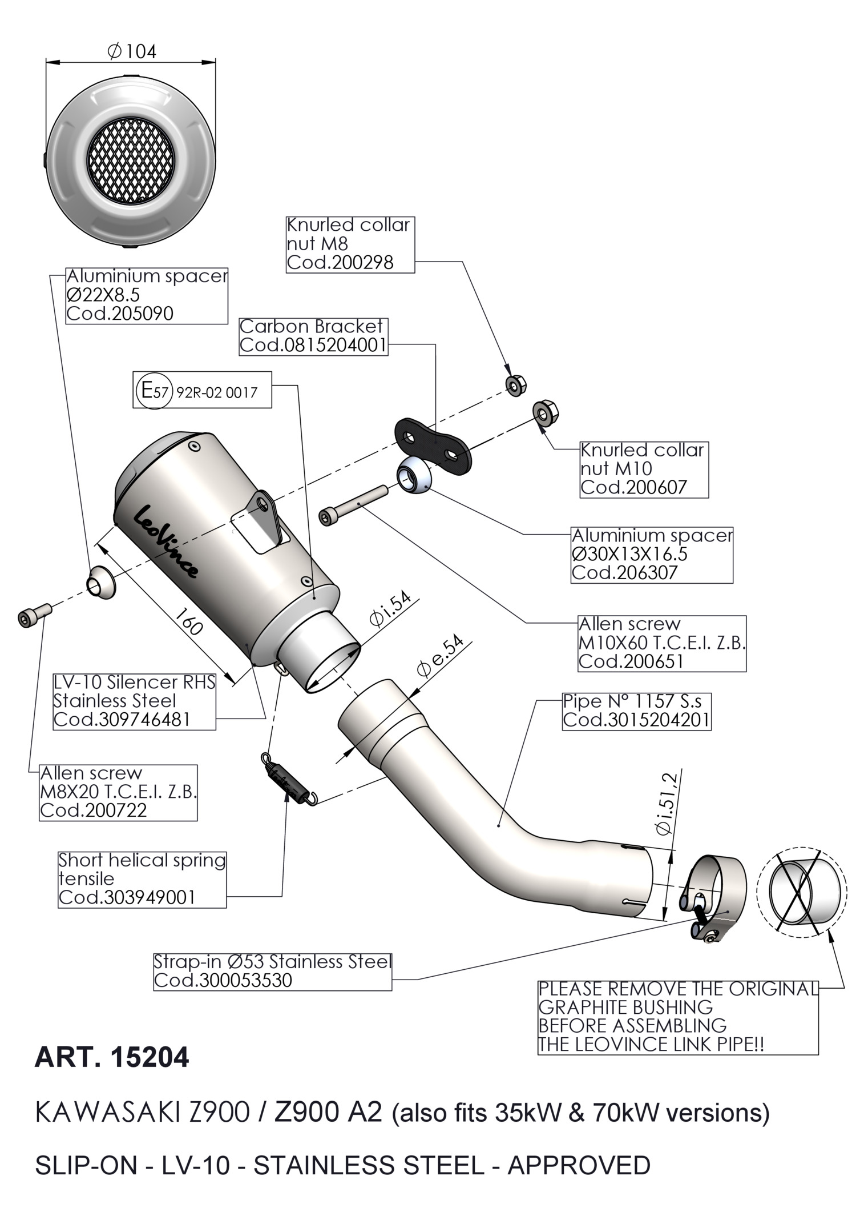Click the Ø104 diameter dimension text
132,52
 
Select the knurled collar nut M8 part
515,385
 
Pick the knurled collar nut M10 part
546,413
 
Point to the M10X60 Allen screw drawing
353,504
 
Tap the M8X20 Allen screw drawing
34,615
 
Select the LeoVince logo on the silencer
165,540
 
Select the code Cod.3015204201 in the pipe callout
636,720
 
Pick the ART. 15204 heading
112,1057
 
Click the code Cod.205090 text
120,314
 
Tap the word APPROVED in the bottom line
579,1165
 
